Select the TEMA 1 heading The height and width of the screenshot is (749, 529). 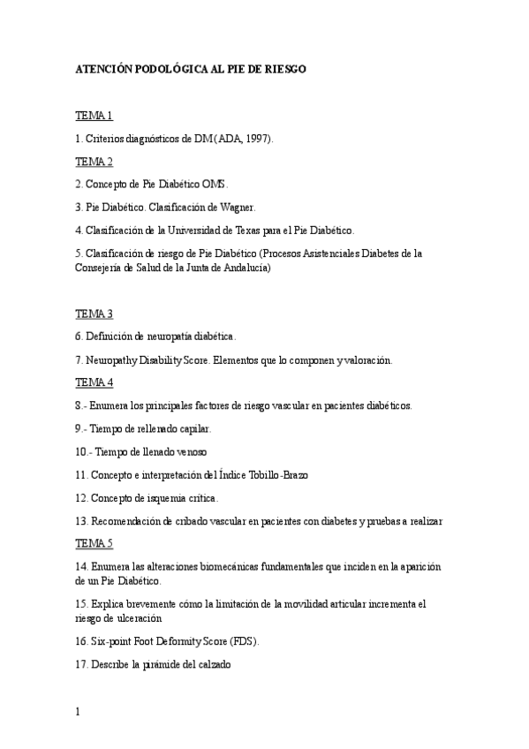[94, 116]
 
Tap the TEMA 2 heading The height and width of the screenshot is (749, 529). [94, 162]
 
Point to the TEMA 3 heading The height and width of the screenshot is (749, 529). [94, 314]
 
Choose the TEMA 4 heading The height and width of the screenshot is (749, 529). [94, 382]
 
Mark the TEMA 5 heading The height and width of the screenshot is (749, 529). [94, 542]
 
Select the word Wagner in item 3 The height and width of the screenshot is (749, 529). [237, 208]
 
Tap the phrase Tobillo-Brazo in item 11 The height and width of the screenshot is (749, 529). [276, 474]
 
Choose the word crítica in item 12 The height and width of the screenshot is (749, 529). [200, 497]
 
